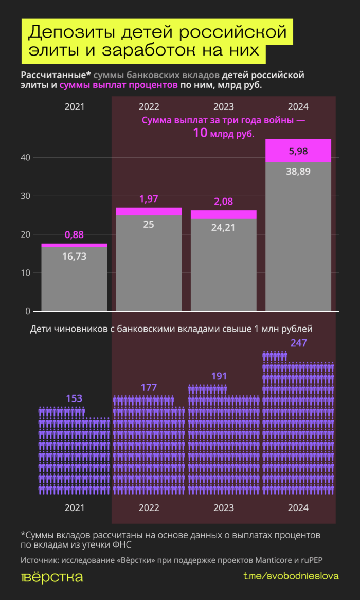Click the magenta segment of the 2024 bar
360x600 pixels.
(298, 151)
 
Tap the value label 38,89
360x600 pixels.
(298, 172)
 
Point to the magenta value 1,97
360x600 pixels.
(149, 199)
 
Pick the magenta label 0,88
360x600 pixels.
(74, 235)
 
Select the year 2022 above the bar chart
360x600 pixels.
(149, 107)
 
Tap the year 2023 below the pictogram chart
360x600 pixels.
(223, 508)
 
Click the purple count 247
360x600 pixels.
(298, 343)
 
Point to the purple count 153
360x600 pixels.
(74, 398)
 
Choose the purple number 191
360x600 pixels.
(219, 376)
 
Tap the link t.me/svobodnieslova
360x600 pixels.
(291, 576)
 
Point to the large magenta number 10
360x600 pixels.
(200, 133)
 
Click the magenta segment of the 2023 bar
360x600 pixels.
(223, 214)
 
